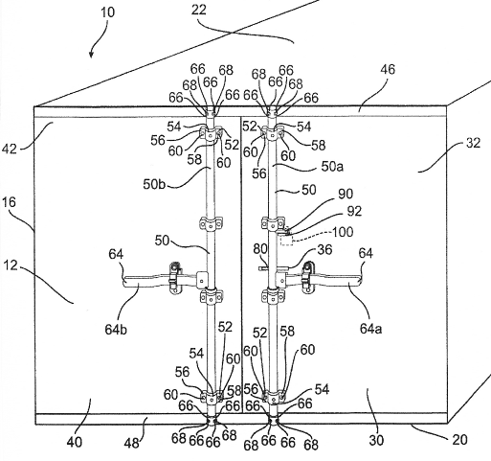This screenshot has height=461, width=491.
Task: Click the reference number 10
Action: [107, 12]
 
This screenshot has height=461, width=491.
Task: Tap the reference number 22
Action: [199, 10]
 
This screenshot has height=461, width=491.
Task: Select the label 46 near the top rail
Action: [388, 69]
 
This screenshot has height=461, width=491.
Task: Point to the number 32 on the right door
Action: [473, 143]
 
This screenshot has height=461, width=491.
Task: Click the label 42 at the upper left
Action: [9, 149]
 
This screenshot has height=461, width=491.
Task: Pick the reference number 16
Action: [9, 202]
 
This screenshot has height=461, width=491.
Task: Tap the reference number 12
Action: [11, 265]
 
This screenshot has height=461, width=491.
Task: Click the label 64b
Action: [116, 330]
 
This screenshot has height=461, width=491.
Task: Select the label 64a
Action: [370, 328]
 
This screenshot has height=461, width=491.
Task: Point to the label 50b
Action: [154, 184]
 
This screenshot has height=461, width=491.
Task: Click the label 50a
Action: [332, 167]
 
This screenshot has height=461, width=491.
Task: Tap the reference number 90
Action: [346, 195]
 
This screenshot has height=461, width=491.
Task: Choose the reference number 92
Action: [354, 211]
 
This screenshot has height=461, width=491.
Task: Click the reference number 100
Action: [343, 232]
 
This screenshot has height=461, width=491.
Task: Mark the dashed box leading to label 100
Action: [287, 240]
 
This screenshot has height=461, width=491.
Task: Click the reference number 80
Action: [260, 248]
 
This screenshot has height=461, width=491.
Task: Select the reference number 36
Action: [324, 249]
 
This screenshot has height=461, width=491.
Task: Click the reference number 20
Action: [459, 440]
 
